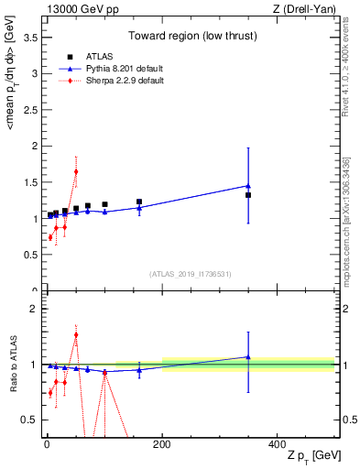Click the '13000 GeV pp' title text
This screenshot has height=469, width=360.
tap(77, 9)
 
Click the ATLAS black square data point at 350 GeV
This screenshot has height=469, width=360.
tap(248, 195)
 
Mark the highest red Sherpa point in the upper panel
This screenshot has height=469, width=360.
tap(76, 171)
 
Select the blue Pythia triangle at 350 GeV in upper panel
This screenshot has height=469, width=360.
tap(248, 186)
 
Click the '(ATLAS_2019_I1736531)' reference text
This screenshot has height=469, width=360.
tap(191, 274)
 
